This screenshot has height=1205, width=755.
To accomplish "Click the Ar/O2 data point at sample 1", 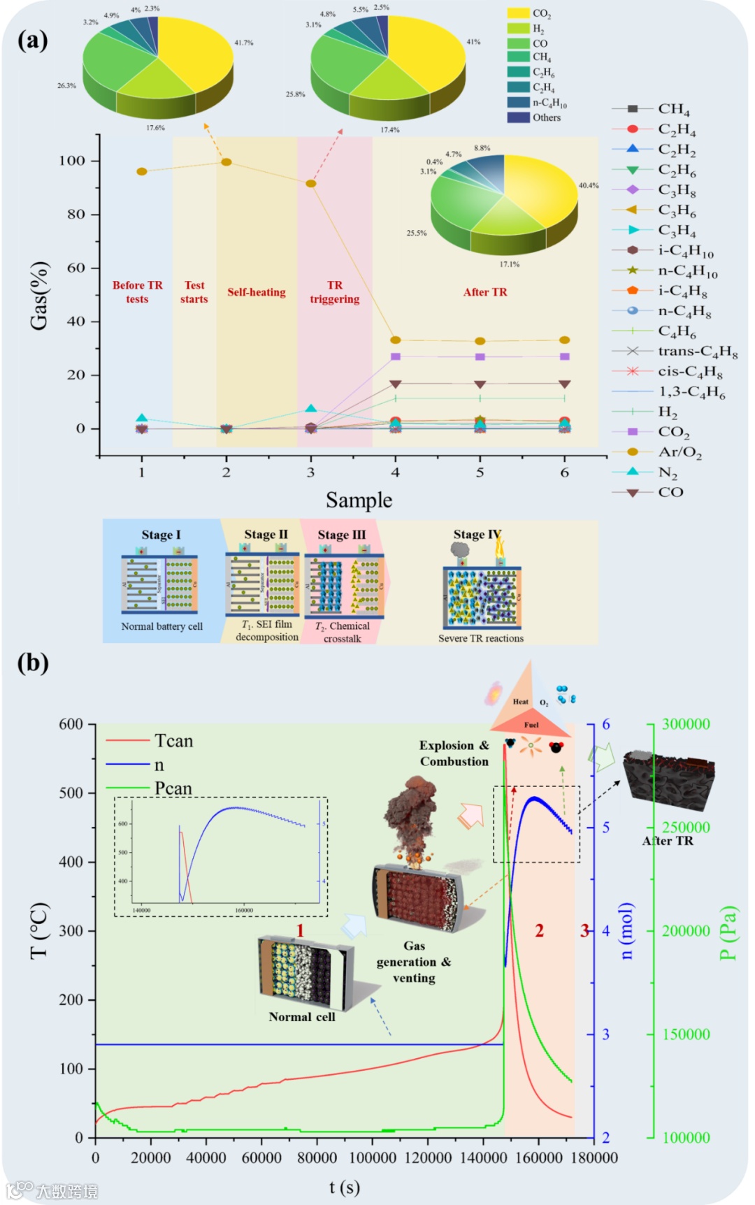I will [142, 171].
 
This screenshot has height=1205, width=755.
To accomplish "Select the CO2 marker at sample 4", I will [396, 356].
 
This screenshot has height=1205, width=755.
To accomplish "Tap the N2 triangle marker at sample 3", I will [311, 409].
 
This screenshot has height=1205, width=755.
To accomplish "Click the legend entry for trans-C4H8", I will [697, 351].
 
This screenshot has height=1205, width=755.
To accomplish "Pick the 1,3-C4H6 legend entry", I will [691, 391].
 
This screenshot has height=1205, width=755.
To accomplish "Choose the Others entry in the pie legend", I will [546, 117].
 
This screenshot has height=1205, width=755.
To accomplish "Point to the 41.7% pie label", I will [244, 43].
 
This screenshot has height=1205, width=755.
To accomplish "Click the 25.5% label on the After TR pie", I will [417, 233].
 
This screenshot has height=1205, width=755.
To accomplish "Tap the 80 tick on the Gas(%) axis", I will [76, 214].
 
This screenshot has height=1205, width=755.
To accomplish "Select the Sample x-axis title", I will [359, 500].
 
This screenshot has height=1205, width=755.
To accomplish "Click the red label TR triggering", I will [335, 292].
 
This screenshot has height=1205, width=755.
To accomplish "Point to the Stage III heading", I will [341, 535].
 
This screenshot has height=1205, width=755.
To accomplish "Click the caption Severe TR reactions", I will [481, 638].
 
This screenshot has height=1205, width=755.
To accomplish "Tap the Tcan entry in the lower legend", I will [173, 741].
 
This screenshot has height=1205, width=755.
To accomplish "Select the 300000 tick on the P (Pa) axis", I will [686, 724].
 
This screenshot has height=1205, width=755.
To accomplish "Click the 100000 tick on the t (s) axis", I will [373, 1157].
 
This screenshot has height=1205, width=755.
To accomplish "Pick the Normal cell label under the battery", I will [302, 1017].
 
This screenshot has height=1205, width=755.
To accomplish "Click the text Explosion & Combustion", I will [454, 753].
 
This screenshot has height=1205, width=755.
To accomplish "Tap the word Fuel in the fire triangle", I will [531, 725].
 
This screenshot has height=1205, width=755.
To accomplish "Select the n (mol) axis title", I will [627, 930].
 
